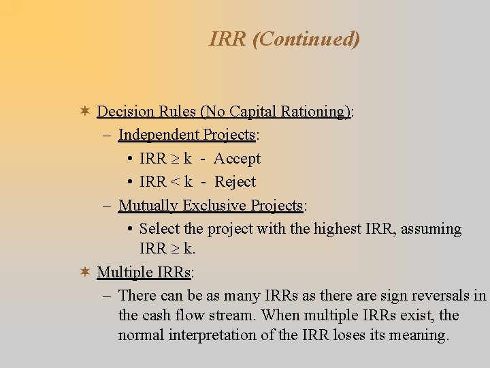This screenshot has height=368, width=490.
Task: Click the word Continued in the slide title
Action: click(x=306, y=40)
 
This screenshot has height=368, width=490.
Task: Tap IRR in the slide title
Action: click(x=227, y=40)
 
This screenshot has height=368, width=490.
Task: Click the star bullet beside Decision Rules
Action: click(x=84, y=111)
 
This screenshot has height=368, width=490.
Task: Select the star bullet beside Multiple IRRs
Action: click(x=84, y=272)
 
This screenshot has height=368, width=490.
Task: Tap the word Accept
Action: click(x=237, y=159)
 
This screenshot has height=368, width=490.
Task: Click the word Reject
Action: click(x=235, y=182)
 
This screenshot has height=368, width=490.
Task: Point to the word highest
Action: click(x=338, y=229)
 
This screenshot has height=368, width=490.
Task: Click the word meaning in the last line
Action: click(x=420, y=335)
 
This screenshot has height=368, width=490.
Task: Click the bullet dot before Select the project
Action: click(x=129, y=229)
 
